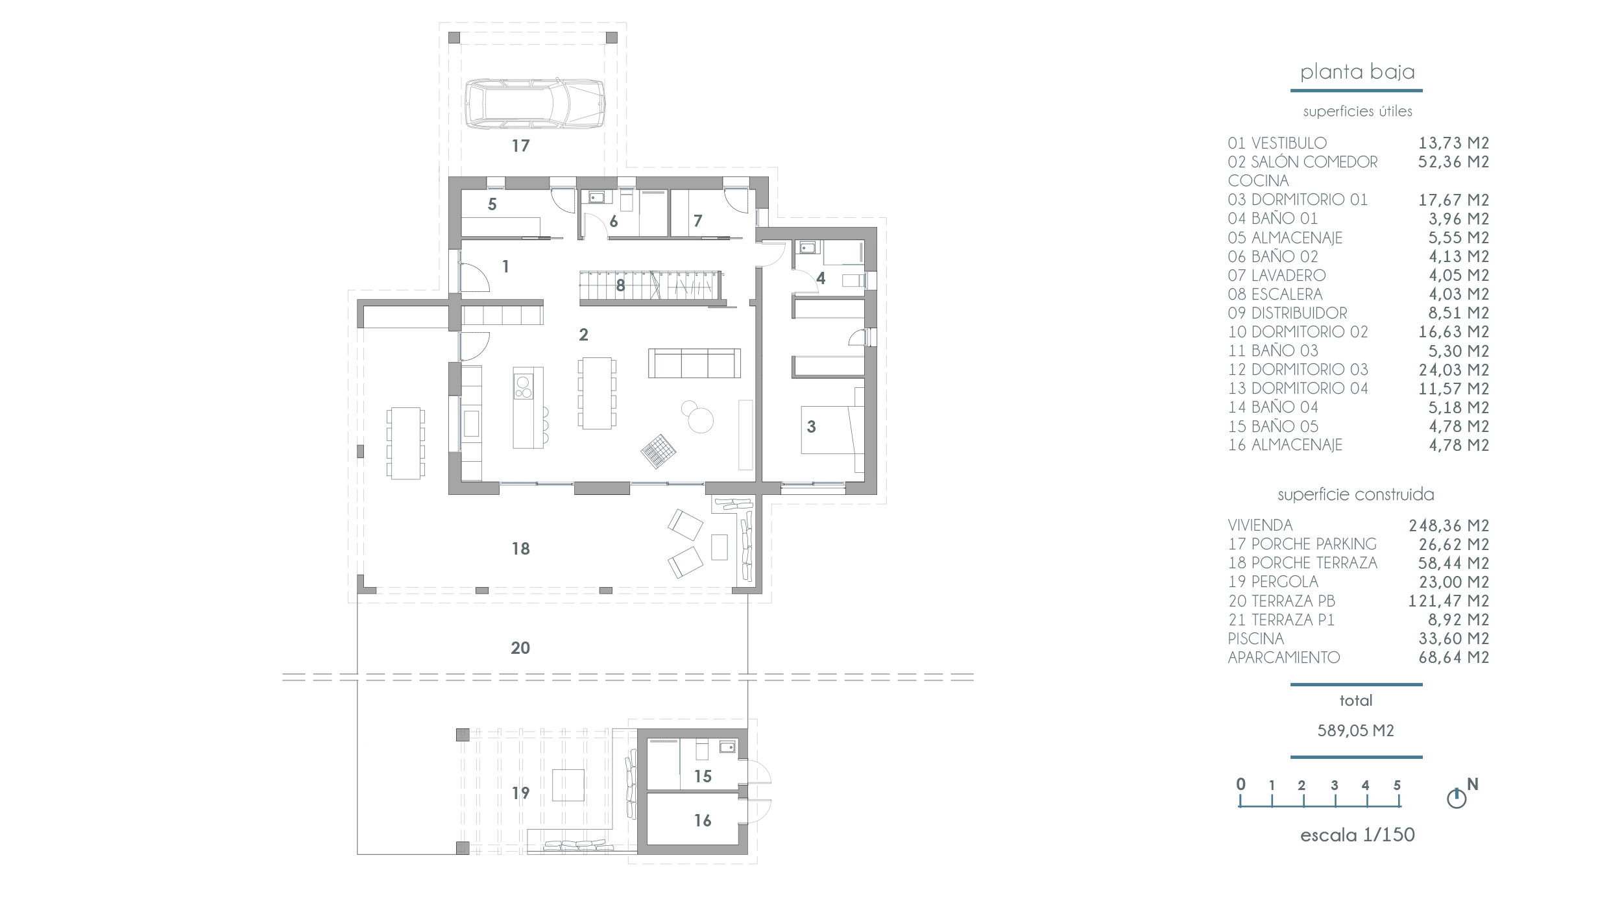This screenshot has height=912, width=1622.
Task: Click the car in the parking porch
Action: pyautogui.click(x=536, y=104)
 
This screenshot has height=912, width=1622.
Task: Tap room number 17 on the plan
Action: pyautogui.click(x=521, y=146)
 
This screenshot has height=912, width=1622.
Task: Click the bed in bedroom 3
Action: pyautogui.click(x=832, y=429)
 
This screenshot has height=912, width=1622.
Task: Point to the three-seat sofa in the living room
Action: pyautogui.click(x=694, y=363)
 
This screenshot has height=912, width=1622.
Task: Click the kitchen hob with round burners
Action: pyautogui.click(x=523, y=387)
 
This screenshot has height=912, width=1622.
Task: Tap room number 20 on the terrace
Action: pyautogui.click(x=520, y=647)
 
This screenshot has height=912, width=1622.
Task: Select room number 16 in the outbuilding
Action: pyautogui.click(x=703, y=821)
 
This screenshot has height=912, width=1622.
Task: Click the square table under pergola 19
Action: pyautogui.click(x=568, y=785)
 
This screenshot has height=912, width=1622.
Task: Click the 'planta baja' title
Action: pyautogui.click(x=1357, y=72)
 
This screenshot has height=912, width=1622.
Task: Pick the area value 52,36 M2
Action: pyautogui.click(x=1453, y=162)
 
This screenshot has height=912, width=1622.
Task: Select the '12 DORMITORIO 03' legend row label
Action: pyautogui.click(x=1298, y=370)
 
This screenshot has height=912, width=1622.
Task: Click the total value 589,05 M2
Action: pyautogui.click(x=1356, y=730)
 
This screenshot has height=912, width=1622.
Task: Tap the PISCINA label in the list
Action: pyautogui.click(x=1255, y=639)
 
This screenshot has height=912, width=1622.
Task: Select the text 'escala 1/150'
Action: pyautogui.click(x=1357, y=835)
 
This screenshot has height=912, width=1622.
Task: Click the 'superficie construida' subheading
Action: pyautogui.click(x=1356, y=495)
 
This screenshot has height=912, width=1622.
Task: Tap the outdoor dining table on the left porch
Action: pyautogui.click(x=405, y=443)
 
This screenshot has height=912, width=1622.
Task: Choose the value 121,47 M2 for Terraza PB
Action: pyautogui.click(x=1448, y=601)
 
